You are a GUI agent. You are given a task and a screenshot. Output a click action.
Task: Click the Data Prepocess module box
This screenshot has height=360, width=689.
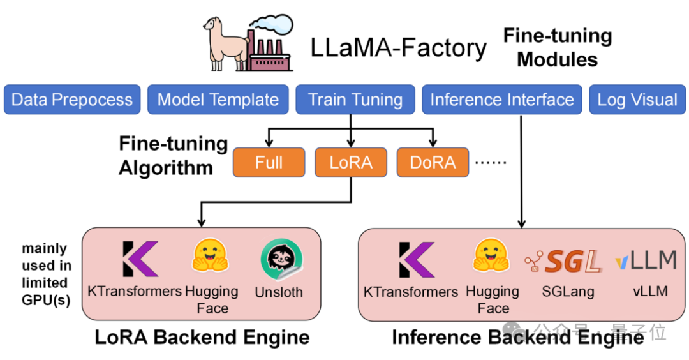[x=72, y=100]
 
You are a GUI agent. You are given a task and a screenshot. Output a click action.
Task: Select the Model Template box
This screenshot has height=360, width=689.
[x=218, y=100]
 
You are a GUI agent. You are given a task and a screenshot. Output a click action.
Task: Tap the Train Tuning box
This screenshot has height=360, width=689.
[x=355, y=100]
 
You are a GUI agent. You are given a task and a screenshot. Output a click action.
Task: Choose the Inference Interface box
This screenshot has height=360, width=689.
[x=502, y=100]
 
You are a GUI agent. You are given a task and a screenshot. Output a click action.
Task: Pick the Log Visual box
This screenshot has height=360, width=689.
[x=637, y=100]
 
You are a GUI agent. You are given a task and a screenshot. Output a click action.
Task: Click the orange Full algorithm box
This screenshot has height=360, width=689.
[x=269, y=163]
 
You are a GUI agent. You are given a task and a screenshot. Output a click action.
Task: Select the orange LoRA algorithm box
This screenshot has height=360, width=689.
[x=351, y=163]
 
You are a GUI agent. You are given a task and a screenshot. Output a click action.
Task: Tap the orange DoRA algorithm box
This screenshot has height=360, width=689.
[x=433, y=163]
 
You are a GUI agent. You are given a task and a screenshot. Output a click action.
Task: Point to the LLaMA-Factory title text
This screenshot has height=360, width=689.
[x=399, y=48]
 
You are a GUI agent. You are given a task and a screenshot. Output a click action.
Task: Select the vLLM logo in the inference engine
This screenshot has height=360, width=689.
[x=645, y=260]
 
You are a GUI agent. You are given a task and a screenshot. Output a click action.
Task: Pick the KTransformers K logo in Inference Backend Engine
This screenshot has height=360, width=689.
[x=415, y=259]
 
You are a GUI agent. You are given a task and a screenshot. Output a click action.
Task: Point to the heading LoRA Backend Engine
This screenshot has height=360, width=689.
[x=202, y=337]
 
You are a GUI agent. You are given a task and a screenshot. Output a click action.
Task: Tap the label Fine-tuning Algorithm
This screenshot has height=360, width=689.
[x=173, y=156]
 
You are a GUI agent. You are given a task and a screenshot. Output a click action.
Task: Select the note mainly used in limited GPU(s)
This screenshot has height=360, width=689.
[x=45, y=274]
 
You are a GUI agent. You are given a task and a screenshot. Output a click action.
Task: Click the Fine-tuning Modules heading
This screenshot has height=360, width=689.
[x=557, y=47]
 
